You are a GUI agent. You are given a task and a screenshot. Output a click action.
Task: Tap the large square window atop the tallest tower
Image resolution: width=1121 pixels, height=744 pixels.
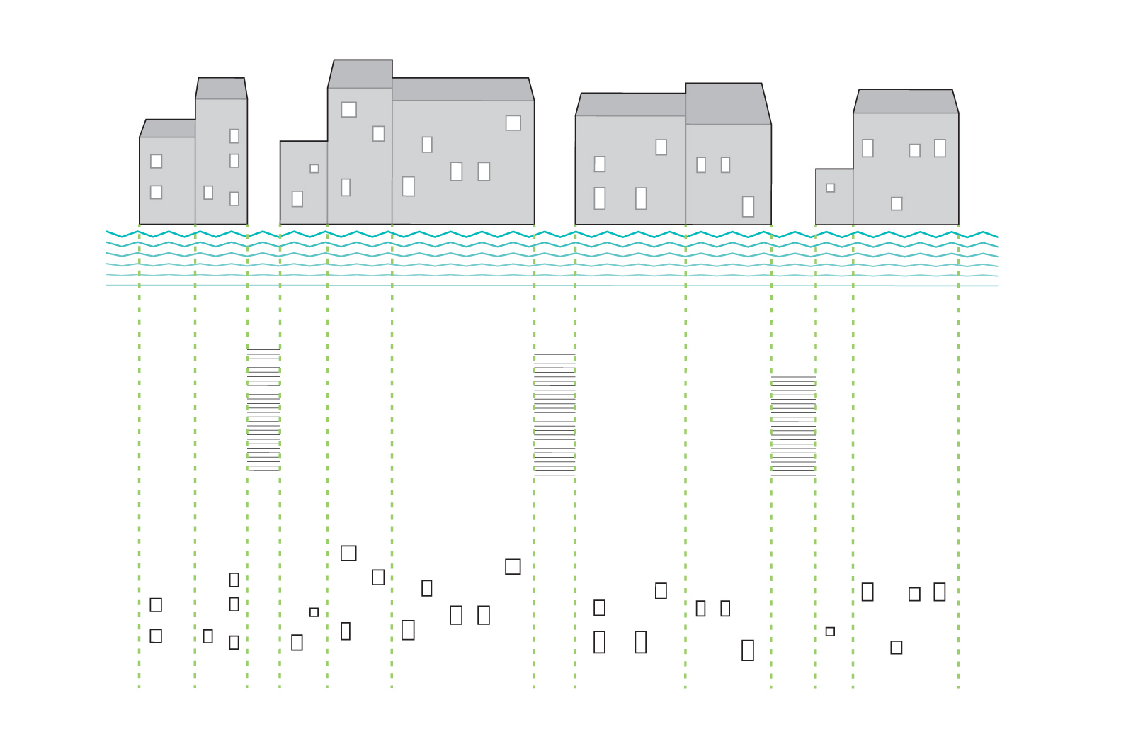[348, 109]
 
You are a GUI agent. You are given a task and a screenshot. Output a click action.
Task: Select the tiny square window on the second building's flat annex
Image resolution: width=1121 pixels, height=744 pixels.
[314, 169]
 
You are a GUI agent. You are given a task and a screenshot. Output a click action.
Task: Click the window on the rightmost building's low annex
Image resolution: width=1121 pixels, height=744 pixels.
[830, 188]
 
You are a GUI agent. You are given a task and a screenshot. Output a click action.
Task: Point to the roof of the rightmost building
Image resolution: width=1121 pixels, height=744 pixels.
[905, 101]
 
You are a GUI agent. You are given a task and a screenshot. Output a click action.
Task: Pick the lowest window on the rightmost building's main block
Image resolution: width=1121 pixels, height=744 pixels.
[896, 204]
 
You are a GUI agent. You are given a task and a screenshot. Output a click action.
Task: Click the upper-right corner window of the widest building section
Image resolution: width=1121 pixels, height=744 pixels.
[513, 123]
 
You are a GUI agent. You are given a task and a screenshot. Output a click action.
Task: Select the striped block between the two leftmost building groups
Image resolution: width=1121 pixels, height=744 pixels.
[263, 411]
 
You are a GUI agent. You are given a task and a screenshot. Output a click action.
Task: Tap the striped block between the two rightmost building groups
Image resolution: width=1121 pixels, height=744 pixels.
[793, 425]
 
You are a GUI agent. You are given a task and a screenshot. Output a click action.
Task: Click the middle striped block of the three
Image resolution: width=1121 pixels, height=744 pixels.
[554, 414]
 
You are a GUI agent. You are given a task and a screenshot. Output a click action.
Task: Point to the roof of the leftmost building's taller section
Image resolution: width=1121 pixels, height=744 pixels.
[221, 89]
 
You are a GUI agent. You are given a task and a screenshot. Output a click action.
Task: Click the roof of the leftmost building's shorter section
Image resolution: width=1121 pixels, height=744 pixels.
[169, 128]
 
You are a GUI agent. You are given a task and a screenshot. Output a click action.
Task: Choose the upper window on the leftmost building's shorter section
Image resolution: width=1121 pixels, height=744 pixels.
[156, 161]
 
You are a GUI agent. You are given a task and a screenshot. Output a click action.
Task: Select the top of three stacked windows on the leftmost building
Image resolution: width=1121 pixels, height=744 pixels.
[234, 136]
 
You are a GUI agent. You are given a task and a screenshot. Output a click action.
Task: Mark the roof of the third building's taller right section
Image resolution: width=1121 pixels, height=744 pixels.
[727, 103]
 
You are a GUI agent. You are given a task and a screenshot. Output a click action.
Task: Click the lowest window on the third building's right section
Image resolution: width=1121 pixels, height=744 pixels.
[748, 206]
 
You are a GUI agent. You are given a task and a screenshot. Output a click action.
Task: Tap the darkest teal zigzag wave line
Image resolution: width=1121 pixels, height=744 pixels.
[552, 234]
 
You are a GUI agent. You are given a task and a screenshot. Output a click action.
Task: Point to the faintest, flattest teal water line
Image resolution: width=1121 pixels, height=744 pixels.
[552, 286]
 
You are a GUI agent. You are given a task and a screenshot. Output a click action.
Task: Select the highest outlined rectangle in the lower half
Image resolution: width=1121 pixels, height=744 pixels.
[348, 553]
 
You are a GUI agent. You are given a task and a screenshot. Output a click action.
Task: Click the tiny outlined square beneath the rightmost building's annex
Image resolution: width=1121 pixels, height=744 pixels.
[830, 631]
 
